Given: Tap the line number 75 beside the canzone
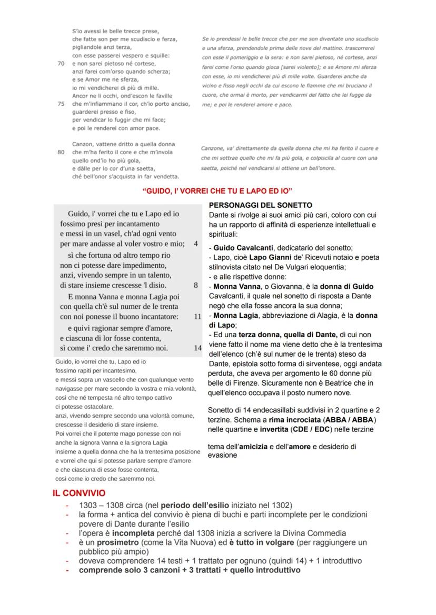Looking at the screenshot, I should (60, 104).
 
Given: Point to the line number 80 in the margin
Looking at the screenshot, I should (60, 152).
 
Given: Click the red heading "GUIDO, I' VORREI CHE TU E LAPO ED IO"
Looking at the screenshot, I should (217, 189).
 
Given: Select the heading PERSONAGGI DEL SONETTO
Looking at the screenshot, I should (260, 205).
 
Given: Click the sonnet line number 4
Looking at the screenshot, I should (196, 244).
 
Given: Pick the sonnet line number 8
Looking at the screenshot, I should (196, 286).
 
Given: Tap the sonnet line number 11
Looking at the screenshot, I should (197, 317).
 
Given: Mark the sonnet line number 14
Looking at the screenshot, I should (197, 348).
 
